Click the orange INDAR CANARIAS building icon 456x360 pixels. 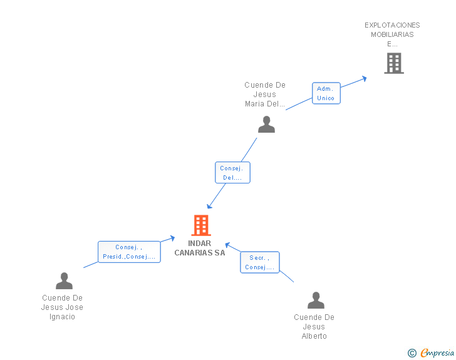(x=200, y=225)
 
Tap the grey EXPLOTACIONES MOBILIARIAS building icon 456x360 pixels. (x=393, y=63)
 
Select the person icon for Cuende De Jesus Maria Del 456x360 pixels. (x=266, y=125)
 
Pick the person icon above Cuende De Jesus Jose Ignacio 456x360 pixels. (x=64, y=281)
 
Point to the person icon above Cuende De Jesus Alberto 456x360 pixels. (x=316, y=301)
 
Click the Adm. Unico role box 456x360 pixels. (x=326, y=93)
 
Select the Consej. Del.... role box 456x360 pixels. (x=232, y=173)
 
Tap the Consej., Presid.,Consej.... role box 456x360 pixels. (x=129, y=252)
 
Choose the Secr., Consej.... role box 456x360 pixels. (x=259, y=262)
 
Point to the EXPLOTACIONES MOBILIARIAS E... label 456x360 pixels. (x=392, y=34)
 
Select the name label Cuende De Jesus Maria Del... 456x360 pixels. (x=265, y=95)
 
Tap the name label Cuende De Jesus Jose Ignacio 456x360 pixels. (x=62, y=307)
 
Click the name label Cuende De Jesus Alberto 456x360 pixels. (x=314, y=327)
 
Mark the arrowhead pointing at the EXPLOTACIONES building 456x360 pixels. (x=363, y=78)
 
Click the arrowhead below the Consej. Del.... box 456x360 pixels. (x=210, y=205)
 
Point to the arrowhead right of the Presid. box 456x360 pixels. (x=172, y=237)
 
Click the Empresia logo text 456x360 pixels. (x=437, y=353)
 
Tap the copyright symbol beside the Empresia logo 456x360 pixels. (x=412, y=353)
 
